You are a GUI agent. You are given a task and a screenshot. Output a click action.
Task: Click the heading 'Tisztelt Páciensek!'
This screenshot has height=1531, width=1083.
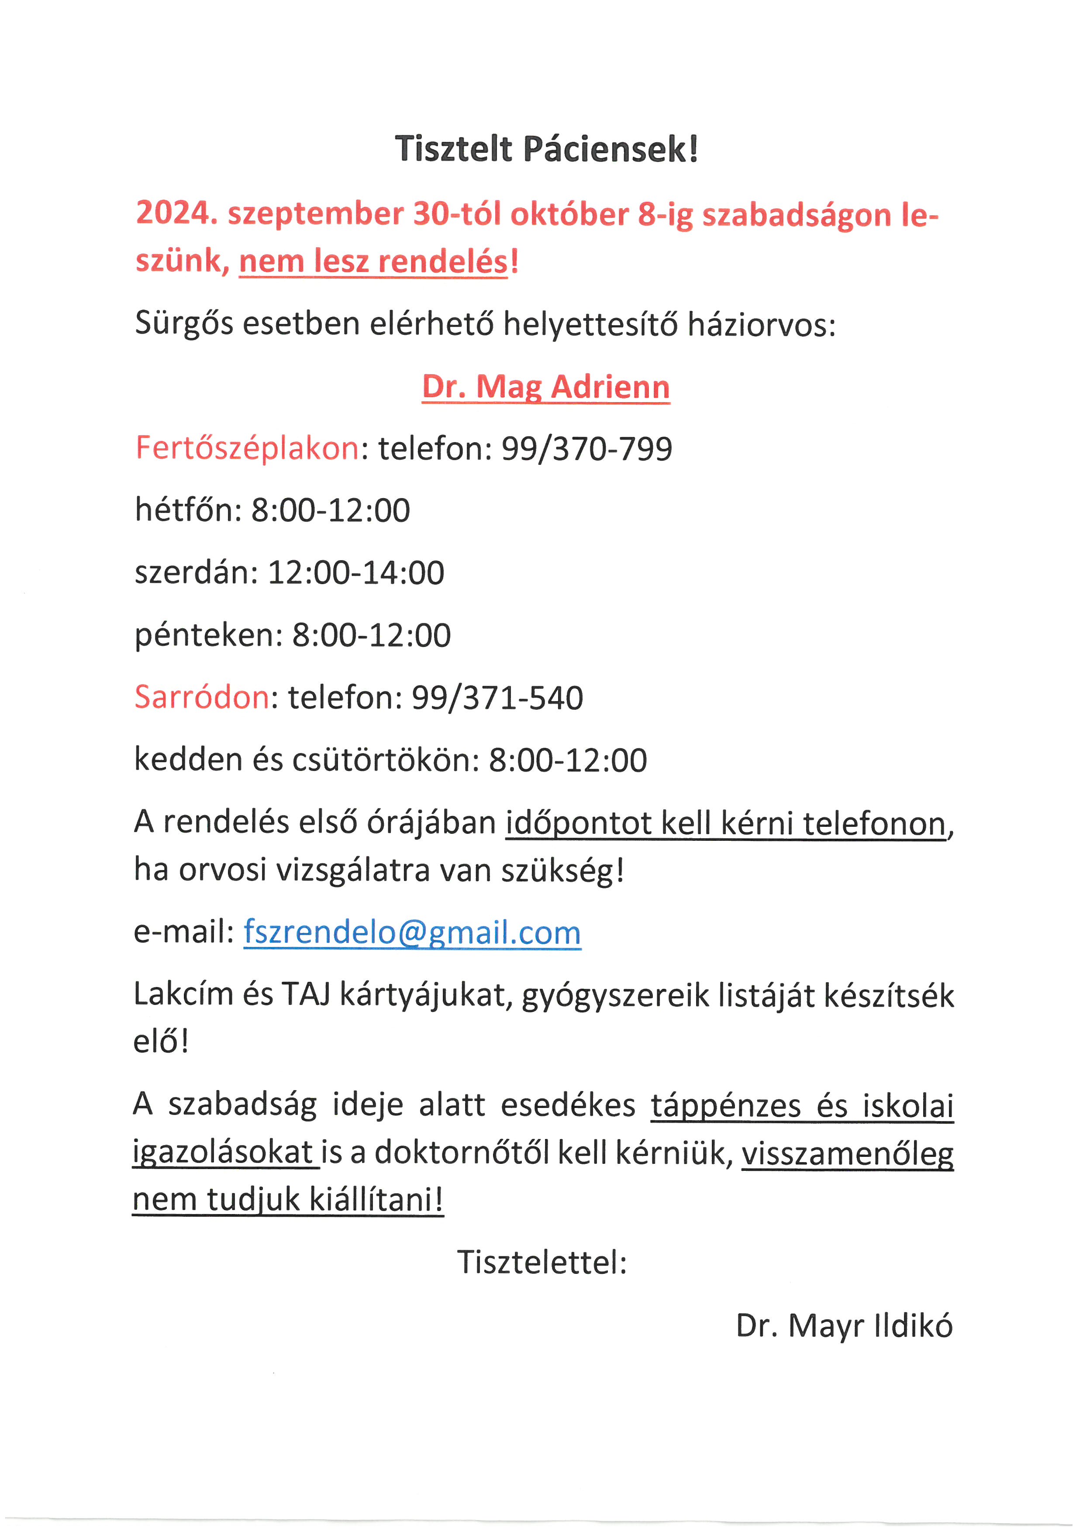546,149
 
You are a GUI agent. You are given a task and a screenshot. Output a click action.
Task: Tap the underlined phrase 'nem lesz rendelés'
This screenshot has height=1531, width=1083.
373,261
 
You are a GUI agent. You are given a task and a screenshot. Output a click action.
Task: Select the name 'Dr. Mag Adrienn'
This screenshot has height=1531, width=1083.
545,387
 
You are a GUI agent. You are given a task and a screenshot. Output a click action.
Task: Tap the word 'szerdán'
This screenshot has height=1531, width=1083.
195,573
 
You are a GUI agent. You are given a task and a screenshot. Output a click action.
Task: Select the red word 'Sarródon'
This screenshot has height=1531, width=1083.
202,698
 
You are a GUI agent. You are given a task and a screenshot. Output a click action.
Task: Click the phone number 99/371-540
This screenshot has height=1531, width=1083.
497,698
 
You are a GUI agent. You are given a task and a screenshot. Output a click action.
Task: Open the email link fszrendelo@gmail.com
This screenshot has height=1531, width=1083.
412,932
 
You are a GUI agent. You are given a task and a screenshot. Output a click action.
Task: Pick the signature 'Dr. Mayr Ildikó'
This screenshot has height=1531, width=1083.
844,1326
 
